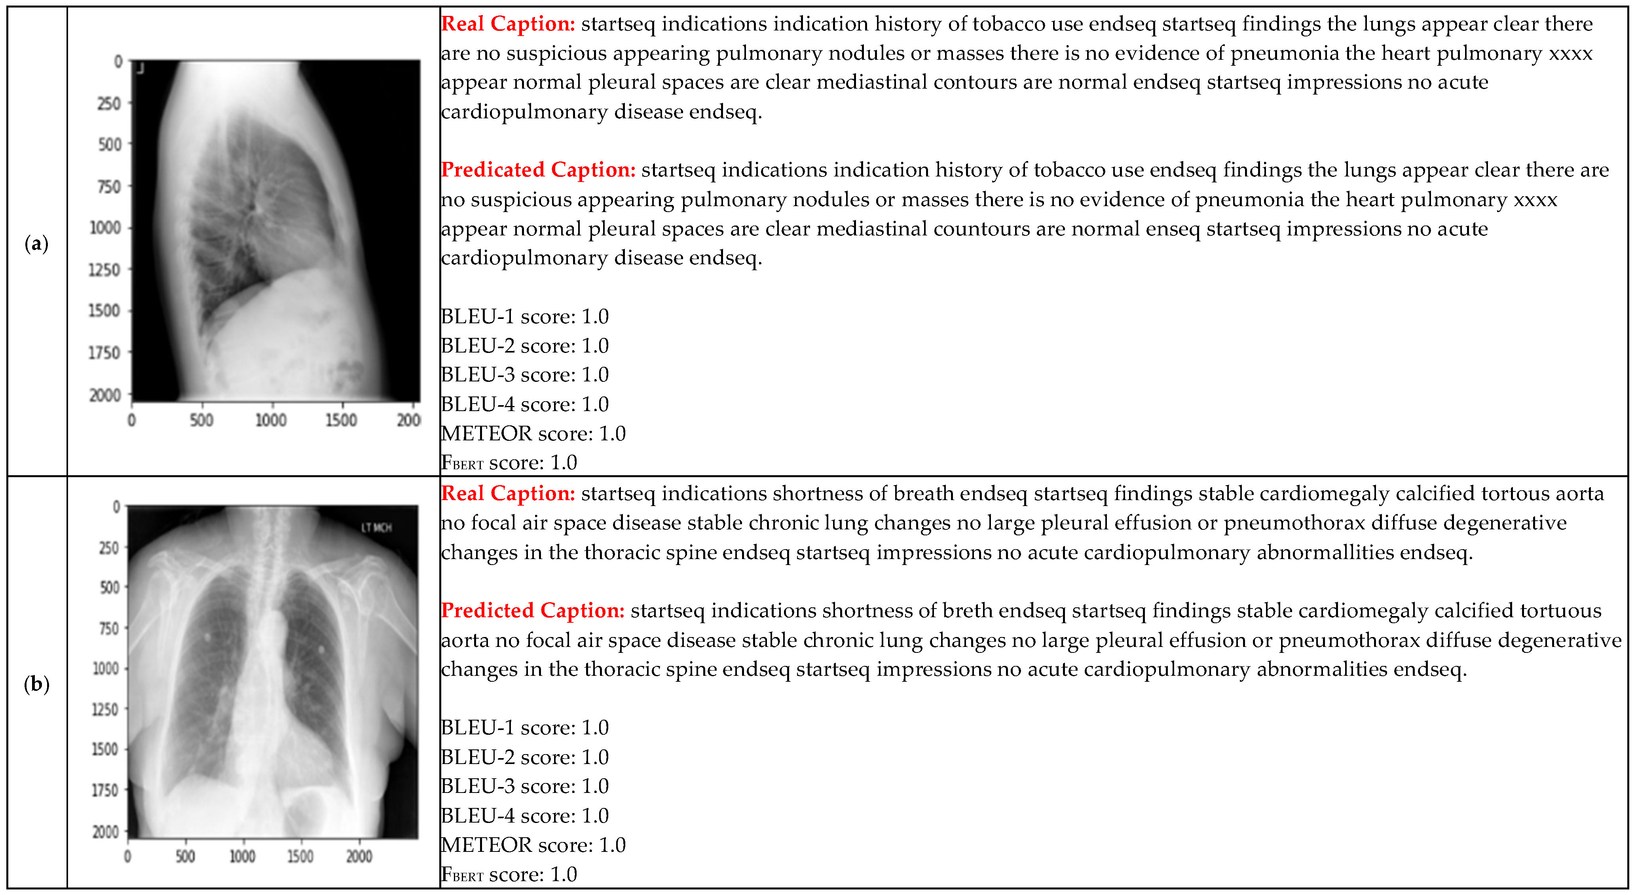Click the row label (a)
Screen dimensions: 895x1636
point(36,244)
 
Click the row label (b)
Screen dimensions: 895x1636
point(36,684)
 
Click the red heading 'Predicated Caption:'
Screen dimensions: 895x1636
point(538,170)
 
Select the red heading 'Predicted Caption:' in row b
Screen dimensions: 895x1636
point(533,611)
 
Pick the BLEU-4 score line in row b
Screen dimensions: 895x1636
point(525,815)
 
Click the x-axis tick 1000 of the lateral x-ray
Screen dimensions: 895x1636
point(271,420)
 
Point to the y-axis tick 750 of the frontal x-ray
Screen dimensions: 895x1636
point(109,628)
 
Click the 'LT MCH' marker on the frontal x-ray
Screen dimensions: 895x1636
point(377,527)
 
